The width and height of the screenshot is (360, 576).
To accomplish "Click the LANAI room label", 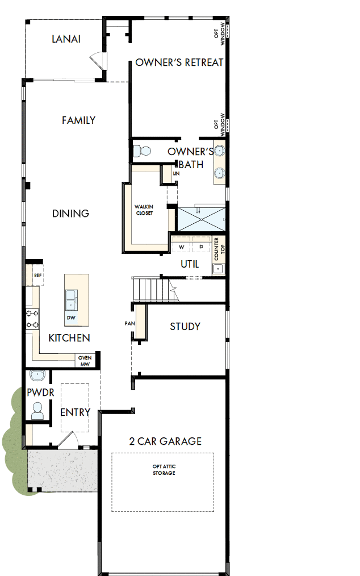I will [66, 39].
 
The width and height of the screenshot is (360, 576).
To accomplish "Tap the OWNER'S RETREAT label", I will [179, 62].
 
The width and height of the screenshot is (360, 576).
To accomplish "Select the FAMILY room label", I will [78, 120].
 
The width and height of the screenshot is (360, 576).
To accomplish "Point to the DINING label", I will [71, 214].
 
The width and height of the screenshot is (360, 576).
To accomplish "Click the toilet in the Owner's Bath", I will [141, 151].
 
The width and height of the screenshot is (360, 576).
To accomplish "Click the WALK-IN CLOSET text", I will [144, 210].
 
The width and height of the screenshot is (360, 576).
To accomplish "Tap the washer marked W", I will [182, 247].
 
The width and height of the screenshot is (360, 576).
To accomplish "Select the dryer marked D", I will [200, 247].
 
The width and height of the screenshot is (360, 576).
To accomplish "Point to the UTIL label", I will [190, 264].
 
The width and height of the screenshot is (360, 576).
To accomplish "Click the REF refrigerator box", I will [38, 275].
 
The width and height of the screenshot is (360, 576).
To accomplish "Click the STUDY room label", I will [185, 327].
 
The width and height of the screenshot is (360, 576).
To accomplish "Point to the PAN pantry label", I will [129, 323].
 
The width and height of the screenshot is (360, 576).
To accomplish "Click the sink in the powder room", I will [37, 376].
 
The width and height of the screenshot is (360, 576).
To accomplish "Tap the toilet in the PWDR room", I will [37, 410].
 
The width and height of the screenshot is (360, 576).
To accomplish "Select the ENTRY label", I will [75, 412].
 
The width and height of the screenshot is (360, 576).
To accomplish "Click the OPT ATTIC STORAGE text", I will [164, 470].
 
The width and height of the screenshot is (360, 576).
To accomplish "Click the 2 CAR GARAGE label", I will [165, 441].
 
